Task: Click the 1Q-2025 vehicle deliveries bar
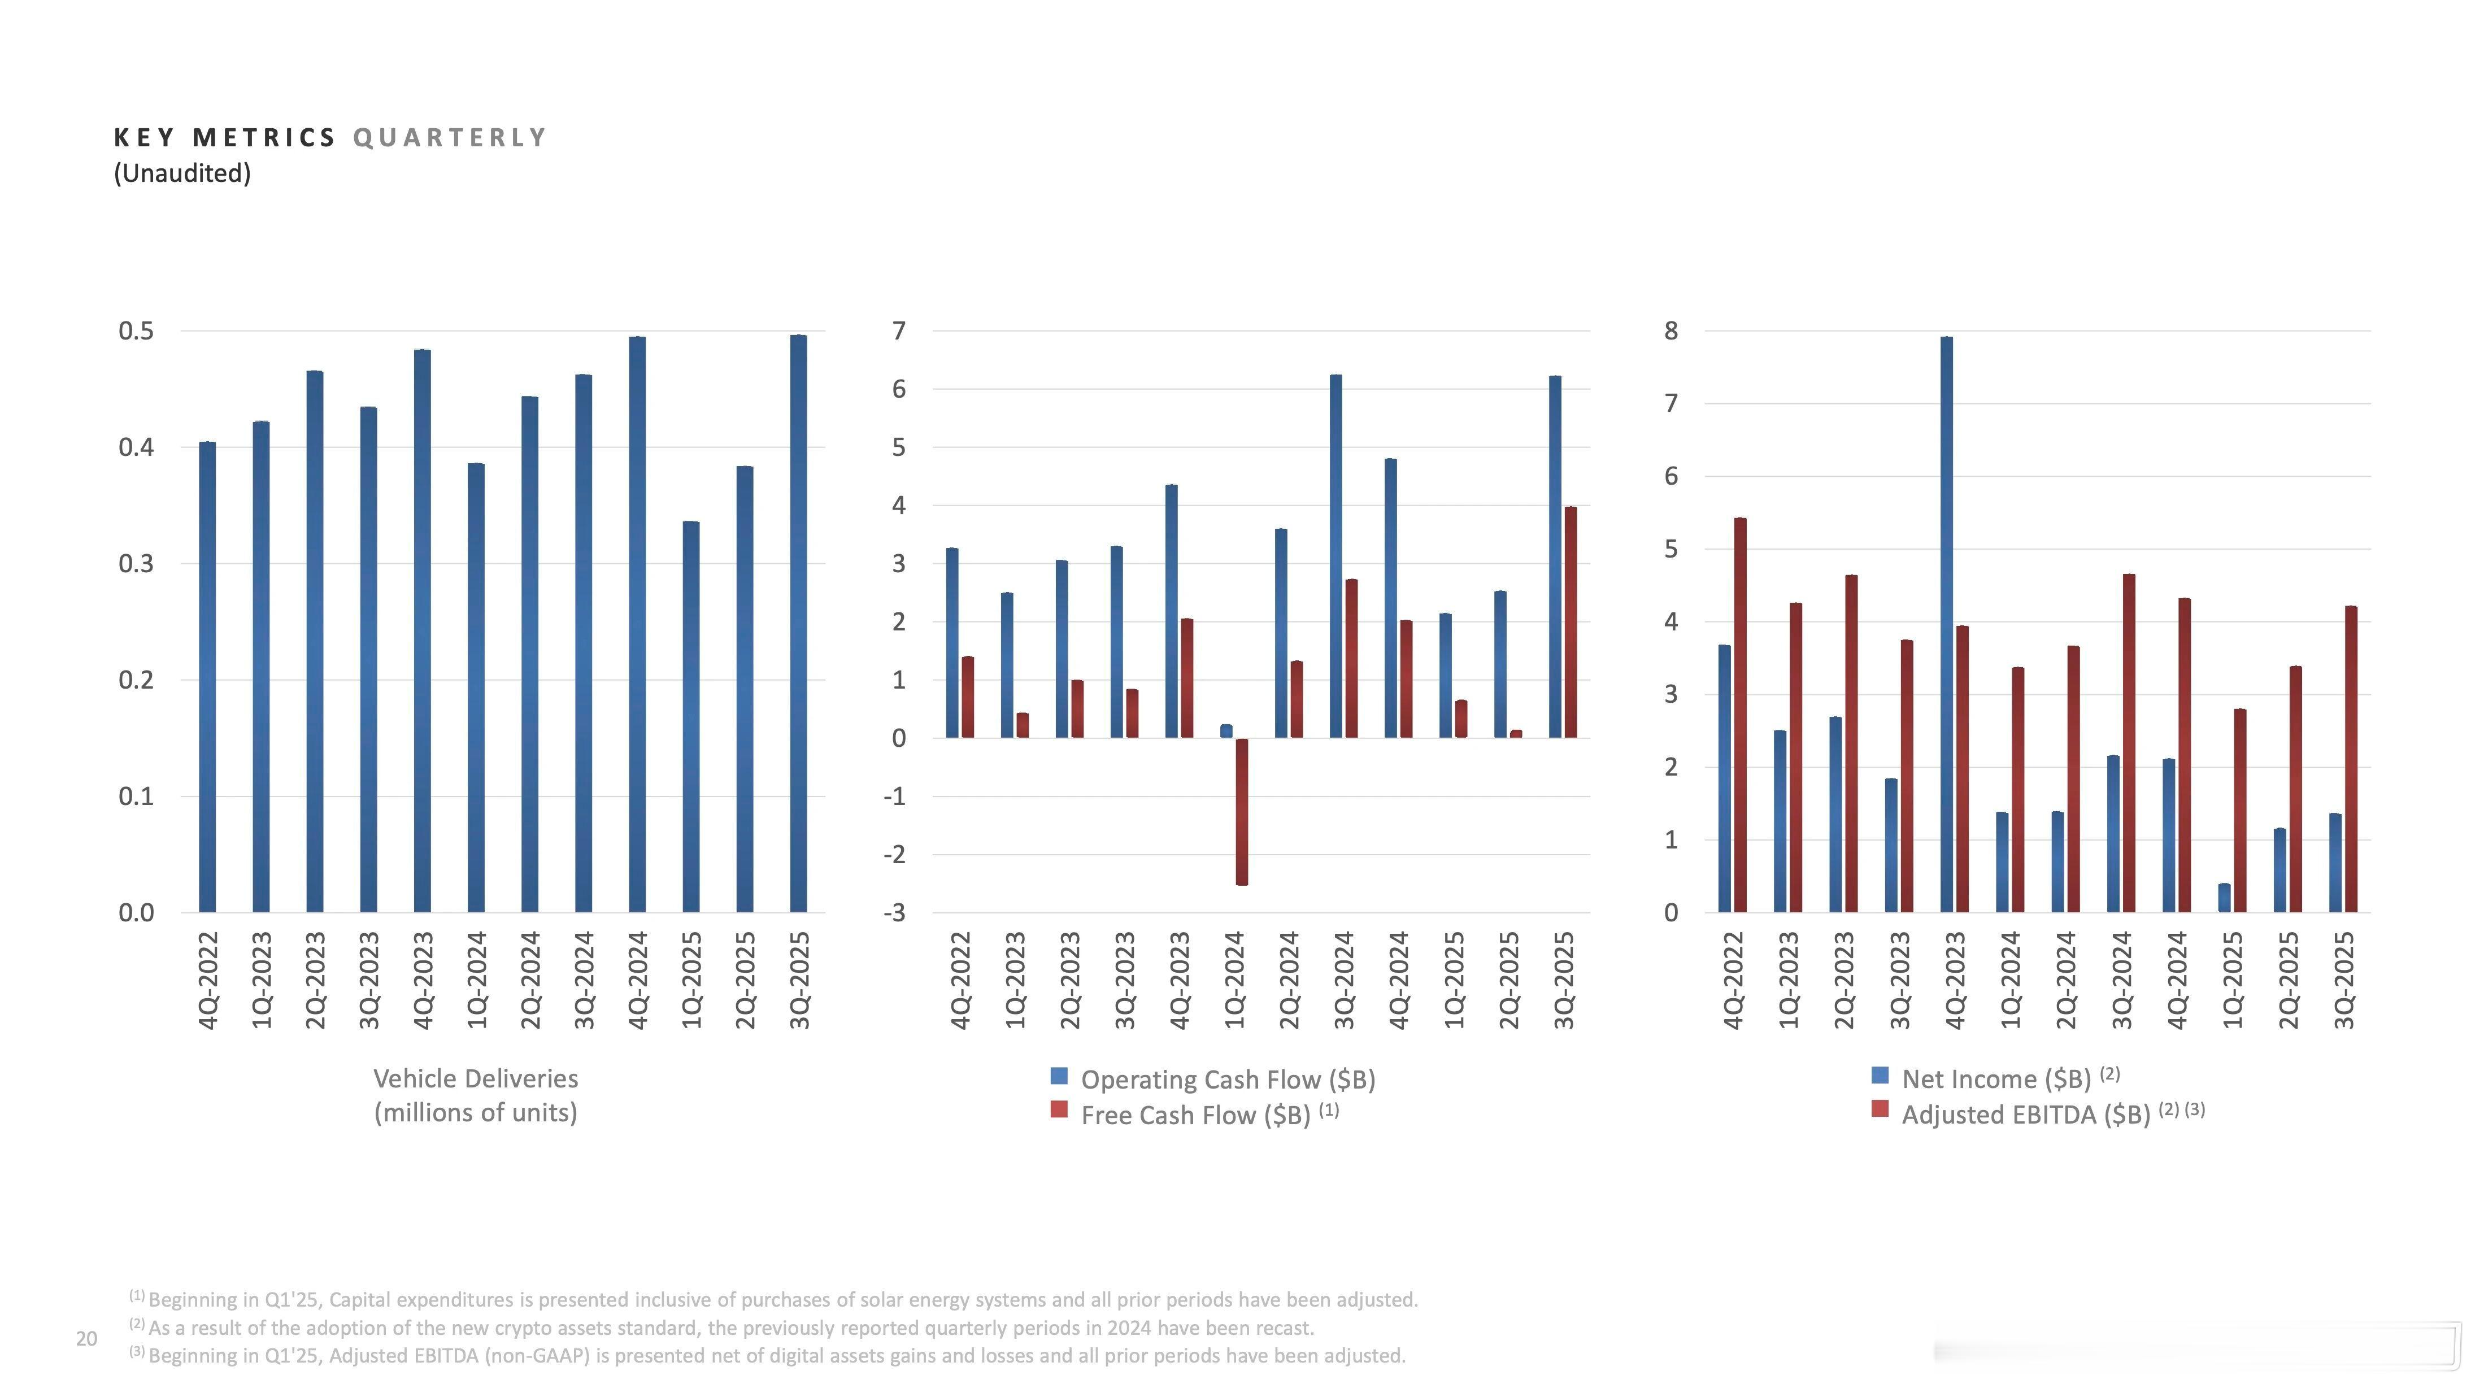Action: [690, 717]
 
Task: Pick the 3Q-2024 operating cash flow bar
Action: [1335, 556]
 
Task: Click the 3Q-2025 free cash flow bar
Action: [1571, 623]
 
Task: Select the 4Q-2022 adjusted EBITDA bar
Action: [1741, 715]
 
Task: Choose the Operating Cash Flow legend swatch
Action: [1059, 1076]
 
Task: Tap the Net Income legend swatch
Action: [1880, 1075]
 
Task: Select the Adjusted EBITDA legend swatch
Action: [1880, 1109]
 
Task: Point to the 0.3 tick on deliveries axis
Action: [136, 564]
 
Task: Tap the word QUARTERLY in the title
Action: [450, 138]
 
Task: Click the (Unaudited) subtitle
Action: [182, 173]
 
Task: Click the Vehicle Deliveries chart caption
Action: [476, 1095]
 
